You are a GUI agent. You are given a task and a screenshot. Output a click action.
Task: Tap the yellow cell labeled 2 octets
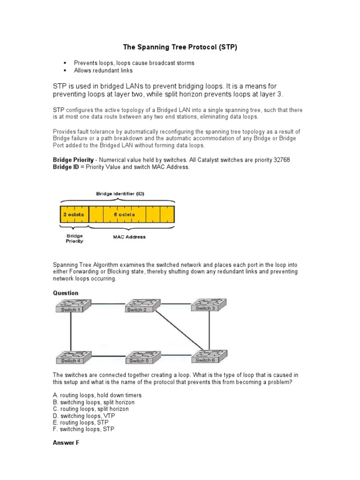click(74, 214)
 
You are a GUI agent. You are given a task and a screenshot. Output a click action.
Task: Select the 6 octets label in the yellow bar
click(124, 214)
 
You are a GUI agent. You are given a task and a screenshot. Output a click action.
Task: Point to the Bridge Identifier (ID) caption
click(117, 193)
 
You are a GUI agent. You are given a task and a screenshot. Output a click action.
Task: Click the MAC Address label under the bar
click(129, 237)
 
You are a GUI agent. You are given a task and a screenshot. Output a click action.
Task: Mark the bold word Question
click(66, 293)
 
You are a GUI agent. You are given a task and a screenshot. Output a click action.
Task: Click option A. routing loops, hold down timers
click(97, 395)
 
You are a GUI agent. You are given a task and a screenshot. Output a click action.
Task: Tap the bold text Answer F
click(66, 442)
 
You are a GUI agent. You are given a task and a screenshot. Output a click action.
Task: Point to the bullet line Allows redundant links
click(103, 70)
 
